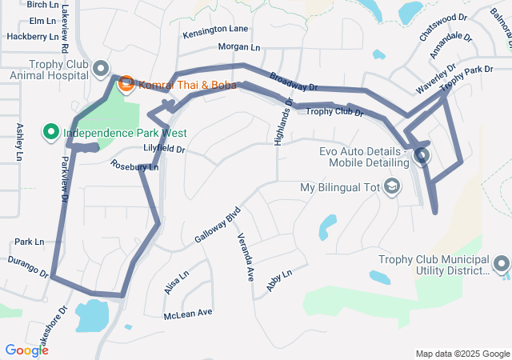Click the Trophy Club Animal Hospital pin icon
tap(101, 69)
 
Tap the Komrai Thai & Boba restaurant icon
tap(126, 83)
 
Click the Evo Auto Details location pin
tap(422, 156)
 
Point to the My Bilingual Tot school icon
tap(392, 187)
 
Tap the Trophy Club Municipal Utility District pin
tap(502, 264)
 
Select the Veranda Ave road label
tap(244, 258)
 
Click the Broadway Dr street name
tap(294, 82)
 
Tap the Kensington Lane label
tap(215, 30)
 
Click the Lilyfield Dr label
tap(163, 150)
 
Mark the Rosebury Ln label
tap(134, 166)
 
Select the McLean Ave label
tap(188, 313)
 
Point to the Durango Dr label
tap(27, 267)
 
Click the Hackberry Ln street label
tap(32, 37)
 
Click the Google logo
tap(26, 350)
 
